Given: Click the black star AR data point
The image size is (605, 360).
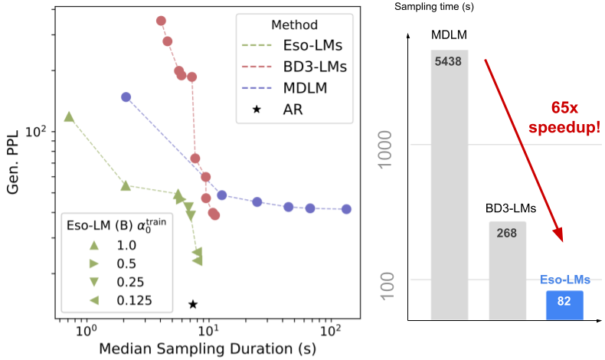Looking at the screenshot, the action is coord(193,304).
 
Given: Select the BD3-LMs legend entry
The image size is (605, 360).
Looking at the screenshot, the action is coord(294,67).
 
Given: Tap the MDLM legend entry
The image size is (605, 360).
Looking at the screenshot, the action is coord(284,88).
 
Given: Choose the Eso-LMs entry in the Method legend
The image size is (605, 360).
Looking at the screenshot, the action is coord(292,45).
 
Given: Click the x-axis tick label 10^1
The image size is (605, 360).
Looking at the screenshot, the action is coord(208,330).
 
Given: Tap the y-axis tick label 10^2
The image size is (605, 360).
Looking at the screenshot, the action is coord(35,132).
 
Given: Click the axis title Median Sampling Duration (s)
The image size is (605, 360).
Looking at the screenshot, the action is coord(208,349).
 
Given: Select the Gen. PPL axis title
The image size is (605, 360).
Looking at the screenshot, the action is coord(13,162).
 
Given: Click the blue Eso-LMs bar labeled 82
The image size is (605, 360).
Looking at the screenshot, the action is coord(564,305).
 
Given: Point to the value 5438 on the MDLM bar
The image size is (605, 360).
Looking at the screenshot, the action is coord(448,61).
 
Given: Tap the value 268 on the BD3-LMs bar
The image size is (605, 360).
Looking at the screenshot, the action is coord(507,233).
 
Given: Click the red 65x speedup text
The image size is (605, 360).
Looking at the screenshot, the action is coord(564,117).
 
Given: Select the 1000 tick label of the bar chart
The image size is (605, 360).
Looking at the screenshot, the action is coord(385,149).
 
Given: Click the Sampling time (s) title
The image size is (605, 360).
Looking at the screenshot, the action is coord(434,7).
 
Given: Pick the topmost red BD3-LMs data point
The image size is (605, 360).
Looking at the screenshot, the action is coord(162,21).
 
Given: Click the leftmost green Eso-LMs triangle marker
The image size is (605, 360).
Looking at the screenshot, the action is coord(69,116).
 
